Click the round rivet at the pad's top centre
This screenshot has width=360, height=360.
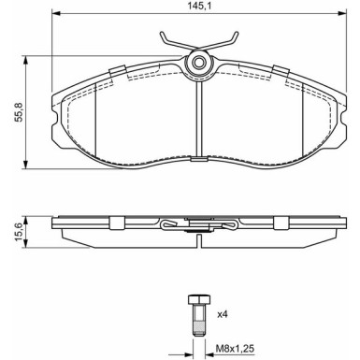coord(198,64)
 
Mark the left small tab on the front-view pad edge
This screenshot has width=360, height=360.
coord(117,71)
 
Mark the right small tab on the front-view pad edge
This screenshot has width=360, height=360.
coord(280,71)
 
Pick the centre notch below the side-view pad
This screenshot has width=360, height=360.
coord(198,240)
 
